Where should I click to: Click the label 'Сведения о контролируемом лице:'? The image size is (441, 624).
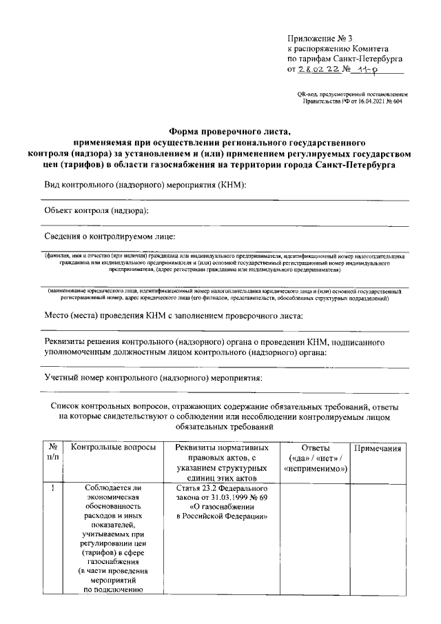pyautogui.click(x=110, y=236)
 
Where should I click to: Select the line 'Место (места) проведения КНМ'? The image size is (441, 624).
pyautogui.click(x=172, y=315)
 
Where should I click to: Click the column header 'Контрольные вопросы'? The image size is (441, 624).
pyautogui.click(x=112, y=448)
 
